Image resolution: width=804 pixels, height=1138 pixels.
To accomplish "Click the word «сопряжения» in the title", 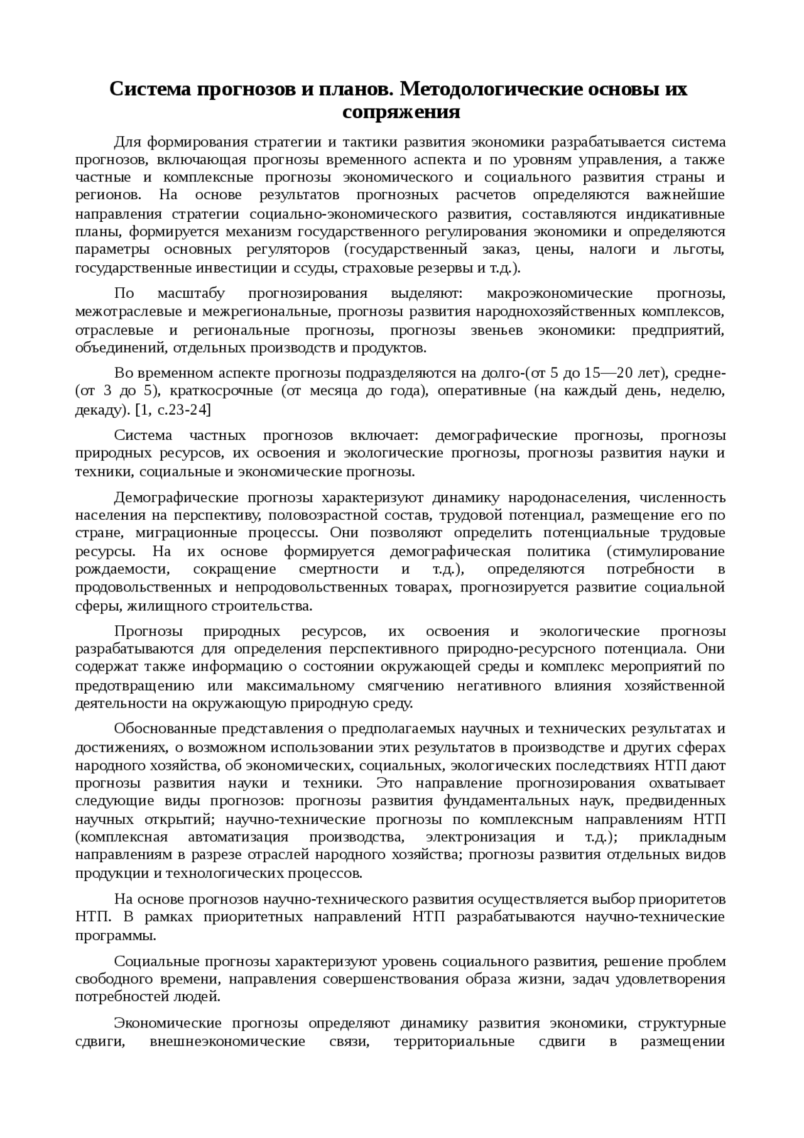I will tap(401, 112).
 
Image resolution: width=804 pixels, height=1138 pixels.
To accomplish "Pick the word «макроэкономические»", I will tap(559, 293).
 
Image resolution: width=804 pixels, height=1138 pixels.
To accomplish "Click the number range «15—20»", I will tap(608, 373).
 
